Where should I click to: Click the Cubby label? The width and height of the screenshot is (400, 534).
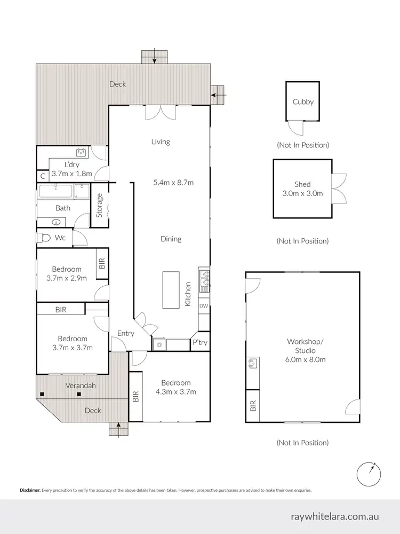click(303, 102)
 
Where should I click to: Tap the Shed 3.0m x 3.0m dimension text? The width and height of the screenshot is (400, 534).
click(302, 194)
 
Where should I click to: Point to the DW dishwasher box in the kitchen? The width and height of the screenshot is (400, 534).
click(204, 306)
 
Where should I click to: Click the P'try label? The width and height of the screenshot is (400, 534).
click(200, 343)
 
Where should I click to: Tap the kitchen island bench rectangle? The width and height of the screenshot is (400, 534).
click(171, 290)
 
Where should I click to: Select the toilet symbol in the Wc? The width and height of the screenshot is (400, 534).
click(43, 238)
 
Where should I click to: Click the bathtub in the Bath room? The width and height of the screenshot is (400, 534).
click(55, 191)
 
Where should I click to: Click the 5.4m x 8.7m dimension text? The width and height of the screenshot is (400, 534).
click(173, 183)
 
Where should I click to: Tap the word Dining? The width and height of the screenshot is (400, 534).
click(171, 239)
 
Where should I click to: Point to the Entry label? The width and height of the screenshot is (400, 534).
click(126, 334)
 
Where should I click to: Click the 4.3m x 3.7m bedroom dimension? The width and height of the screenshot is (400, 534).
click(175, 392)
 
